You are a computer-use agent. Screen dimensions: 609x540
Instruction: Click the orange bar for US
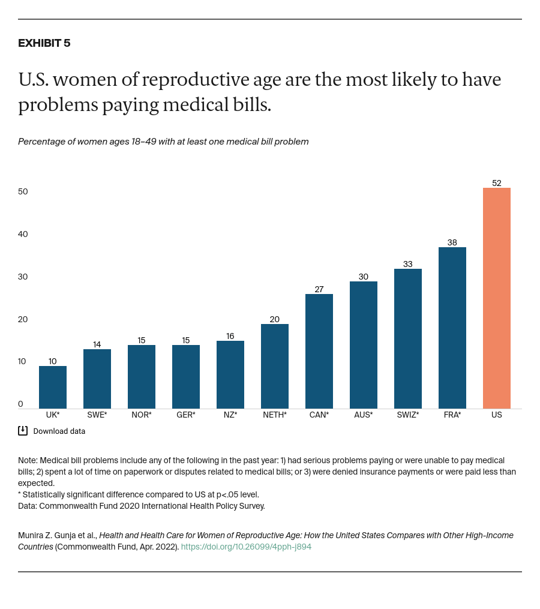coord(496,298)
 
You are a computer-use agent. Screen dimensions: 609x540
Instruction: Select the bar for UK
coord(53,387)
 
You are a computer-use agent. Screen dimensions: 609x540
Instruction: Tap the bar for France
coord(452,328)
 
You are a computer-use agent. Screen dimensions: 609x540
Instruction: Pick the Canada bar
coord(319,351)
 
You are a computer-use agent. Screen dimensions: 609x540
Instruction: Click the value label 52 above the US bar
coord(496,183)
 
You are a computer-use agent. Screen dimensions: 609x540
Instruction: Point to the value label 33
coord(407,264)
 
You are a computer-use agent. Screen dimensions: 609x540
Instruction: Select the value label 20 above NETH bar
coord(274,319)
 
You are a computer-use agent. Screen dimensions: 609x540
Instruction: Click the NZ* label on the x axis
coord(230,415)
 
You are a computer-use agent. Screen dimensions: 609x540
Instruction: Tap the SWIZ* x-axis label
coord(407,415)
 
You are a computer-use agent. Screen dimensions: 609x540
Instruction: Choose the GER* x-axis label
coord(185,415)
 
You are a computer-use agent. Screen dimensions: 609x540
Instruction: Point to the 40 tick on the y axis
coord(23,234)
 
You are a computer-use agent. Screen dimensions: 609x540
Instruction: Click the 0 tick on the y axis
coord(20,404)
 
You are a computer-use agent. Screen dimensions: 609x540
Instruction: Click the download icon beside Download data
coord(23,430)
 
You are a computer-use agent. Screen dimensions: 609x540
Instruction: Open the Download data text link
coord(59,431)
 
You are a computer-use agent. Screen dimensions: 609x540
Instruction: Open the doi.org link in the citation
coord(246,547)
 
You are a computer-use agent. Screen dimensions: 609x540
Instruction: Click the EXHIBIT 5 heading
coord(44,43)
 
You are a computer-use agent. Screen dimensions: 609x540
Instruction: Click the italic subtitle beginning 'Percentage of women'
coord(163,142)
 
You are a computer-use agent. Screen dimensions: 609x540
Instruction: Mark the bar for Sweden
coord(97,379)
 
